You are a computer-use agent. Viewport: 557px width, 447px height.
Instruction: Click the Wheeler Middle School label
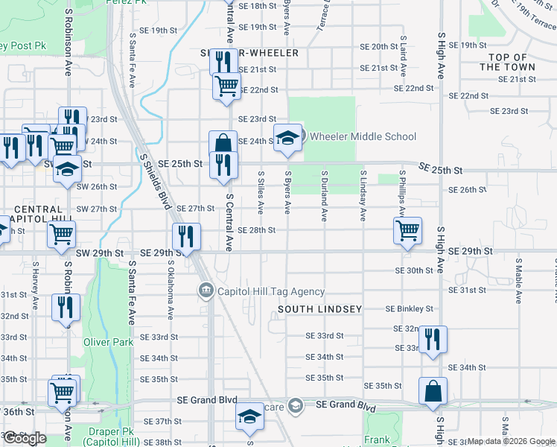coord(362,136)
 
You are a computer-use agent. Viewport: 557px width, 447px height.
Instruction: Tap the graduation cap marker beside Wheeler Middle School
coord(287,138)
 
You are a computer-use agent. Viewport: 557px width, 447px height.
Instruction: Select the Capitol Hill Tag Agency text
coord(270,292)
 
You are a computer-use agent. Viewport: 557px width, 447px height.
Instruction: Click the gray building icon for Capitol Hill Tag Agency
coord(205,291)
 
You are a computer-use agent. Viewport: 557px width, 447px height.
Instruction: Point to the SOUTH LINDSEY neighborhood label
coord(319,308)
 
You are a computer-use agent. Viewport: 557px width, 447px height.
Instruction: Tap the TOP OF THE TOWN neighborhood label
coord(507,62)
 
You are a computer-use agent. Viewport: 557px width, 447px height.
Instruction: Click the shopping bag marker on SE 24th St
coord(223,143)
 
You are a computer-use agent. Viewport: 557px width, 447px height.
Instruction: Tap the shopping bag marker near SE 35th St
coord(433,390)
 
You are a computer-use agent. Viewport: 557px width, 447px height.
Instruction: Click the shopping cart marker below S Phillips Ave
coord(407,230)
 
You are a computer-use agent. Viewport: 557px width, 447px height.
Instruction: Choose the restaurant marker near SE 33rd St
coord(432,339)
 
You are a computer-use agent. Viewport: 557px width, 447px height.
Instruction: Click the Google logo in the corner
coord(25,438)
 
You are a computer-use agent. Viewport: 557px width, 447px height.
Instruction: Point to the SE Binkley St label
coord(409,308)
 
